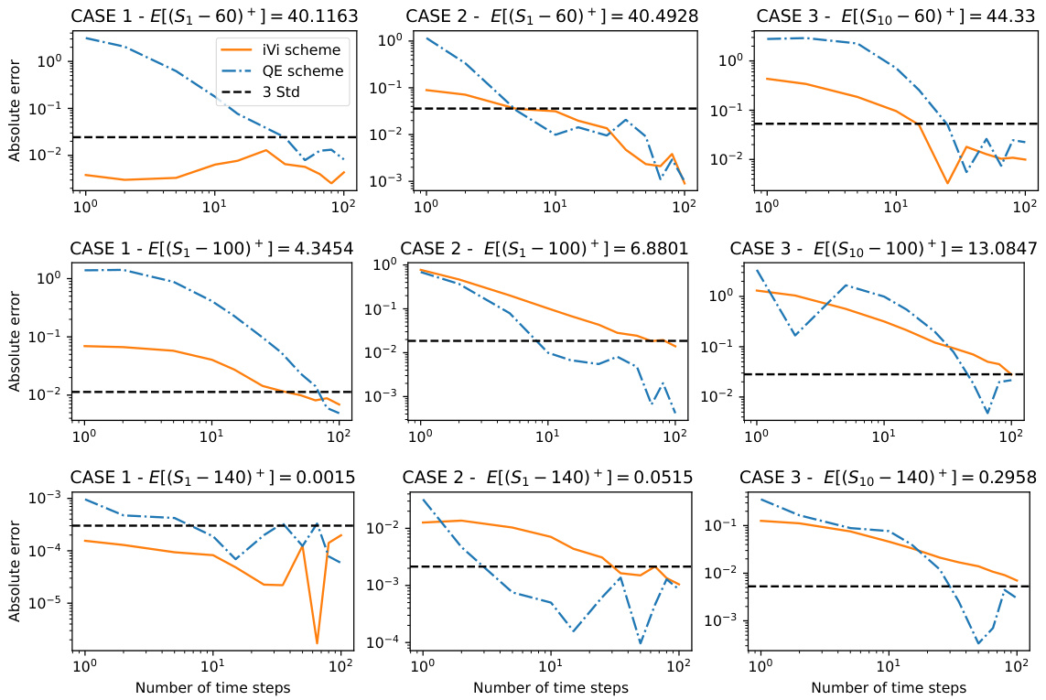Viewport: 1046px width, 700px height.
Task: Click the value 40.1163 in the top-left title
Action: [x=321, y=16]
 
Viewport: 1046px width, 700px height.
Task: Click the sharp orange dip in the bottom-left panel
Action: [x=317, y=642]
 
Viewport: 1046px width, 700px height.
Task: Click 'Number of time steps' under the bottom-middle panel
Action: [x=550, y=686]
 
